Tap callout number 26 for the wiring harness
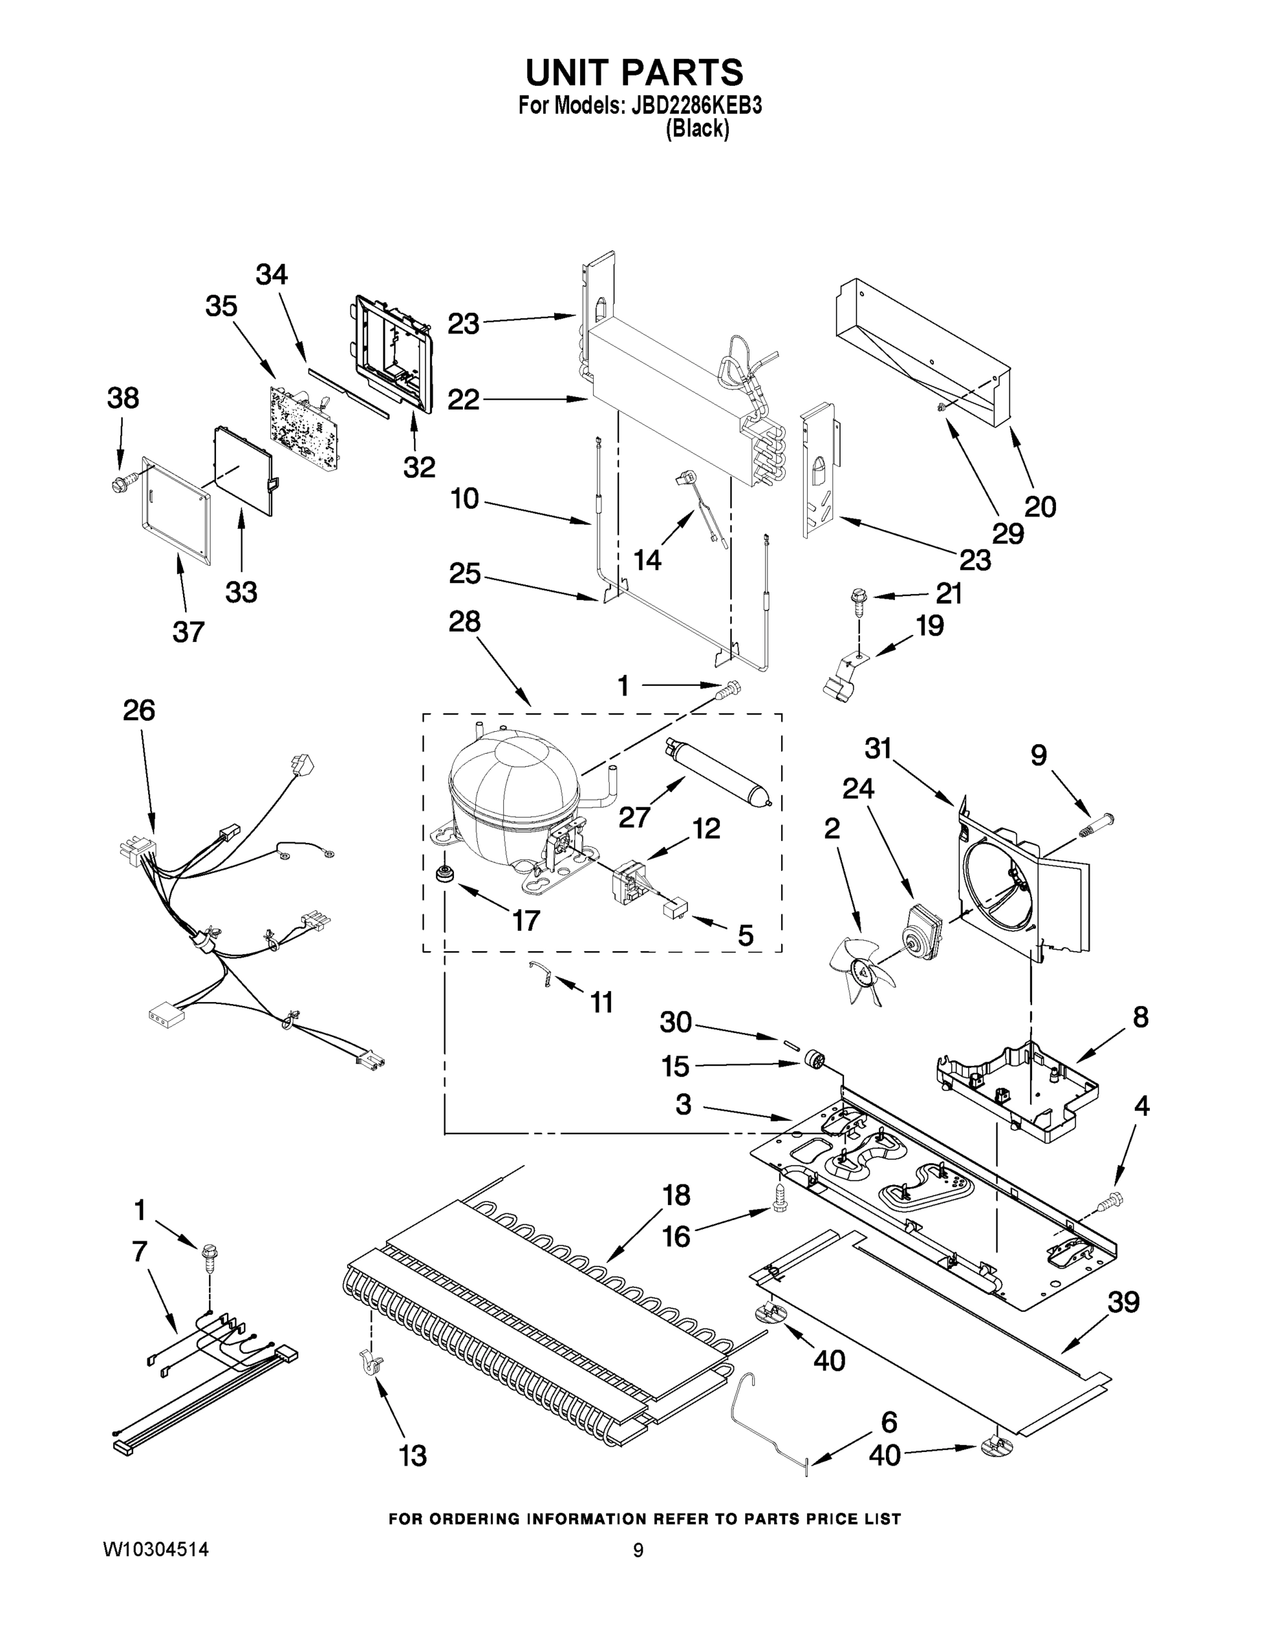pyautogui.click(x=139, y=710)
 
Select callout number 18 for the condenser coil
pyautogui.click(x=676, y=1195)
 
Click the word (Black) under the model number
pyautogui.click(x=697, y=130)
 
